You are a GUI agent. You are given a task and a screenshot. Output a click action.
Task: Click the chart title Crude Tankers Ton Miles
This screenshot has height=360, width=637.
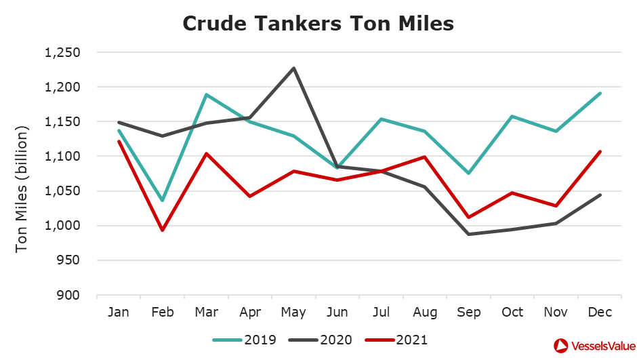click(x=318, y=24)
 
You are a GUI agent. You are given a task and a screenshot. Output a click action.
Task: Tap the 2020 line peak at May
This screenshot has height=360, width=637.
click(x=293, y=68)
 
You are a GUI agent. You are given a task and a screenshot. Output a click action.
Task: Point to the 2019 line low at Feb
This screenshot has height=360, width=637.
click(x=162, y=200)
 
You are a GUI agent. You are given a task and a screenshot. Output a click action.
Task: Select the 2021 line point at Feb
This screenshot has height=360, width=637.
click(x=162, y=230)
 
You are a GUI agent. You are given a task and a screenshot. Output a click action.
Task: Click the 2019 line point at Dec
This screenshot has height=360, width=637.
click(x=600, y=94)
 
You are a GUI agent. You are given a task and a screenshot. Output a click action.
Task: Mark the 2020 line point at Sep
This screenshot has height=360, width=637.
click(x=469, y=234)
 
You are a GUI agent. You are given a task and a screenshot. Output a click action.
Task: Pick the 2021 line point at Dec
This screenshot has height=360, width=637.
click(x=600, y=152)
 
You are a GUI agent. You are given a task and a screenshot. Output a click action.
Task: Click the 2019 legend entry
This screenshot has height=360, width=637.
click(x=245, y=340)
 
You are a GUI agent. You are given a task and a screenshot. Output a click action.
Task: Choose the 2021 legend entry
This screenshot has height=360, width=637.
click(x=396, y=340)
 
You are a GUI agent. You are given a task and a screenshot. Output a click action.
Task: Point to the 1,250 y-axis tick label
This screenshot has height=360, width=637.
click(x=62, y=53)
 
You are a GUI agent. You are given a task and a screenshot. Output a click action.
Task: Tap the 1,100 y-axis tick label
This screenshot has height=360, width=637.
click(x=62, y=157)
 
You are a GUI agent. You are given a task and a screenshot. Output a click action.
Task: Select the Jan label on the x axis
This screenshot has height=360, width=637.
click(x=119, y=312)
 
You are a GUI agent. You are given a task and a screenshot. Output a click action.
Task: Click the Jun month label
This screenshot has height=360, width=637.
click(x=337, y=312)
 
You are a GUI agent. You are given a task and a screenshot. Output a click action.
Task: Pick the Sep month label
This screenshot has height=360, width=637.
click(x=469, y=312)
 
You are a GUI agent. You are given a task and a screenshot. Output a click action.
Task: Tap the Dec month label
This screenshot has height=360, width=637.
click(x=600, y=312)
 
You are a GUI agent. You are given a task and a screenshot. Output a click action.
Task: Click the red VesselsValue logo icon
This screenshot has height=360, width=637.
click(x=562, y=345)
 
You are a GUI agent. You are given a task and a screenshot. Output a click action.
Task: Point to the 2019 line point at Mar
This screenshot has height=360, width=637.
click(x=206, y=95)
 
